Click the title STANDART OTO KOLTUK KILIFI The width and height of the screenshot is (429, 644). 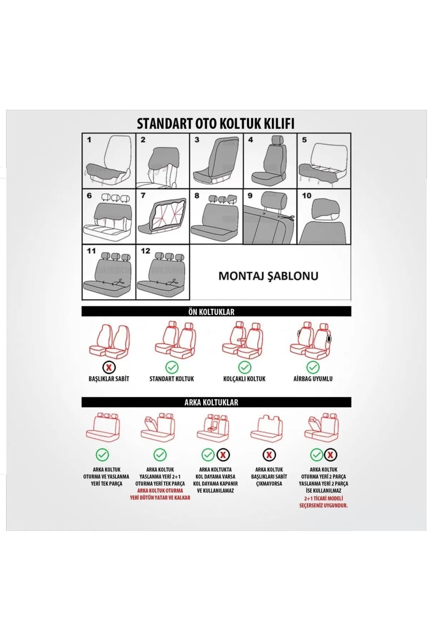tap(216, 123)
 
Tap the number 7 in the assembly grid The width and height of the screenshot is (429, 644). tap(143, 196)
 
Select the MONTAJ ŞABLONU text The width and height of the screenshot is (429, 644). tap(268, 276)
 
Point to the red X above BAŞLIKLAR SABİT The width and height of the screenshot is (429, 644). tap(109, 367)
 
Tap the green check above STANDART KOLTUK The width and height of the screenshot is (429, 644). tap(172, 367)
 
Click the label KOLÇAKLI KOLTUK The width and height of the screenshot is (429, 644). tap(244, 379)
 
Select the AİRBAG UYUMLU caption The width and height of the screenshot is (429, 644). tap(313, 379)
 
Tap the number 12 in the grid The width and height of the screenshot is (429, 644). tap(145, 251)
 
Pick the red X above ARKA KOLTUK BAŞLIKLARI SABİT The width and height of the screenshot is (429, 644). tap(269, 455)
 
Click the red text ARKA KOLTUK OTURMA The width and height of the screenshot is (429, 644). tap(160, 491)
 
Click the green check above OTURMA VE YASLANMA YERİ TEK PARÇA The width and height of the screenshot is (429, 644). tap(102, 455)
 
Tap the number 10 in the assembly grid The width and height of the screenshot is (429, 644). tap(306, 196)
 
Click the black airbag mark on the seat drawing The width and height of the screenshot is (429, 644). tap(329, 338)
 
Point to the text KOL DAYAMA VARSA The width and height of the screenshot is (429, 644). tap(215, 477)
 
